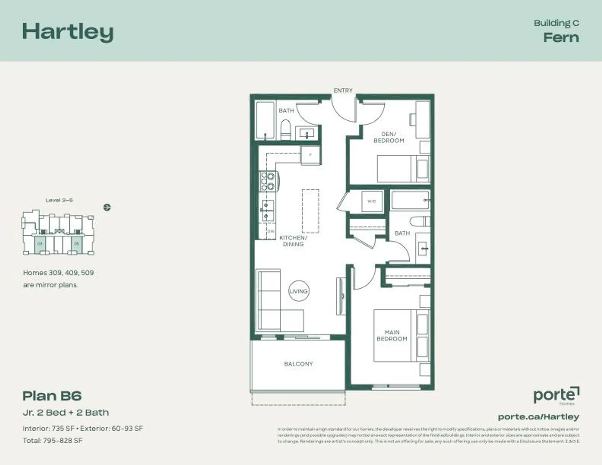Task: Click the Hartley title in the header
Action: [68, 32]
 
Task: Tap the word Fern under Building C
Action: [561, 38]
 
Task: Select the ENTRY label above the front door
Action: [343, 91]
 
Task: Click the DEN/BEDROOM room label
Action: [389, 137]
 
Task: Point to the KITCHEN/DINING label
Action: [293, 241]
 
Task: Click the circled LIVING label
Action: [298, 291]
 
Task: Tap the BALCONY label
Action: [298, 364]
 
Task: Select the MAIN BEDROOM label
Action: [392, 335]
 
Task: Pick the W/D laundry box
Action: [372, 201]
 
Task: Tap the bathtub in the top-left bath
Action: [265, 120]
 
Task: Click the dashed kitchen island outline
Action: [310, 211]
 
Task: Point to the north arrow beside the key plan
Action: [107, 207]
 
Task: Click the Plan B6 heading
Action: [52, 396]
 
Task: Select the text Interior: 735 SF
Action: [48, 428]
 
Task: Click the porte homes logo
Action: [556, 396]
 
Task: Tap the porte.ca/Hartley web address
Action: [538, 417]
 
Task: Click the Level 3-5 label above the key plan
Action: [59, 200]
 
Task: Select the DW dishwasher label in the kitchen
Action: [271, 231]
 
